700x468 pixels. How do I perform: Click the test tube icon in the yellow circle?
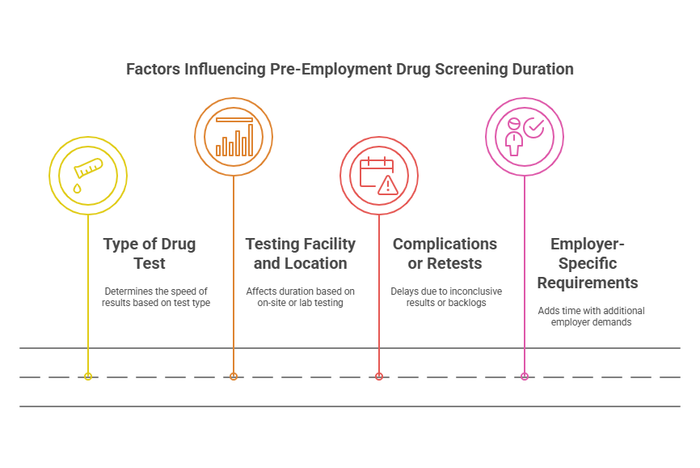point(88,169)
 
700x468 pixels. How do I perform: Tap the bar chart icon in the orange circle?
point(234,137)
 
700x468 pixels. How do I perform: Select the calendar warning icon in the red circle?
point(379,176)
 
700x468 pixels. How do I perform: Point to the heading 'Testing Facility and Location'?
point(301,253)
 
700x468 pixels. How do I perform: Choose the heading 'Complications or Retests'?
point(445,253)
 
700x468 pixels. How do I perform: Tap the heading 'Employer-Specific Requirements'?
point(588,263)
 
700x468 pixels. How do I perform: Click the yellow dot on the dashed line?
point(88,377)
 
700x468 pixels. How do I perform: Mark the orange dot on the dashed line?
point(234,377)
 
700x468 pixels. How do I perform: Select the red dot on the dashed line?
point(379,377)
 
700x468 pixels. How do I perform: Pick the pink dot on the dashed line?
point(525,377)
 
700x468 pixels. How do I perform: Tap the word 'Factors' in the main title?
point(154,69)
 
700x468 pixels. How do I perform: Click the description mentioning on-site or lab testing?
point(301,296)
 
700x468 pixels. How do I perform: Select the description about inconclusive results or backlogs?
point(445,296)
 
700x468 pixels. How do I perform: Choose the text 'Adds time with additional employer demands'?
point(591,317)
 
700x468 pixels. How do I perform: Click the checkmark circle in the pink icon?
point(534,127)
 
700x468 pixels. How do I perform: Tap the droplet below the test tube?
point(78,188)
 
